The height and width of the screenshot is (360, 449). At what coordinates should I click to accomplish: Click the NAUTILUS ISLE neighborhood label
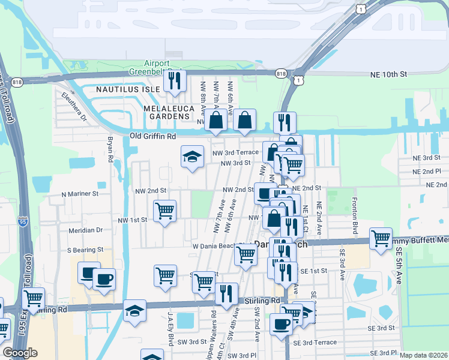(x=129, y=89)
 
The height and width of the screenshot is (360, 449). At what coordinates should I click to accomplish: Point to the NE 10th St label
(x=387, y=74)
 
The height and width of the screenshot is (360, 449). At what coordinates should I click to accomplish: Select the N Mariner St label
(x=80, y=194)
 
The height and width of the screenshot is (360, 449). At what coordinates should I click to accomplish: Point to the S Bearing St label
(x=85, y=249)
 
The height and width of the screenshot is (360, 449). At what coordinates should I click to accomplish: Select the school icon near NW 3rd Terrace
(x=192, y=157)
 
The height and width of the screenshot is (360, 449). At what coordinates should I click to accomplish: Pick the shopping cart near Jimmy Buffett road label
(x=381, y=238)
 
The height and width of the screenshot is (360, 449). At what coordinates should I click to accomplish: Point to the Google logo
(x=20, y=353)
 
